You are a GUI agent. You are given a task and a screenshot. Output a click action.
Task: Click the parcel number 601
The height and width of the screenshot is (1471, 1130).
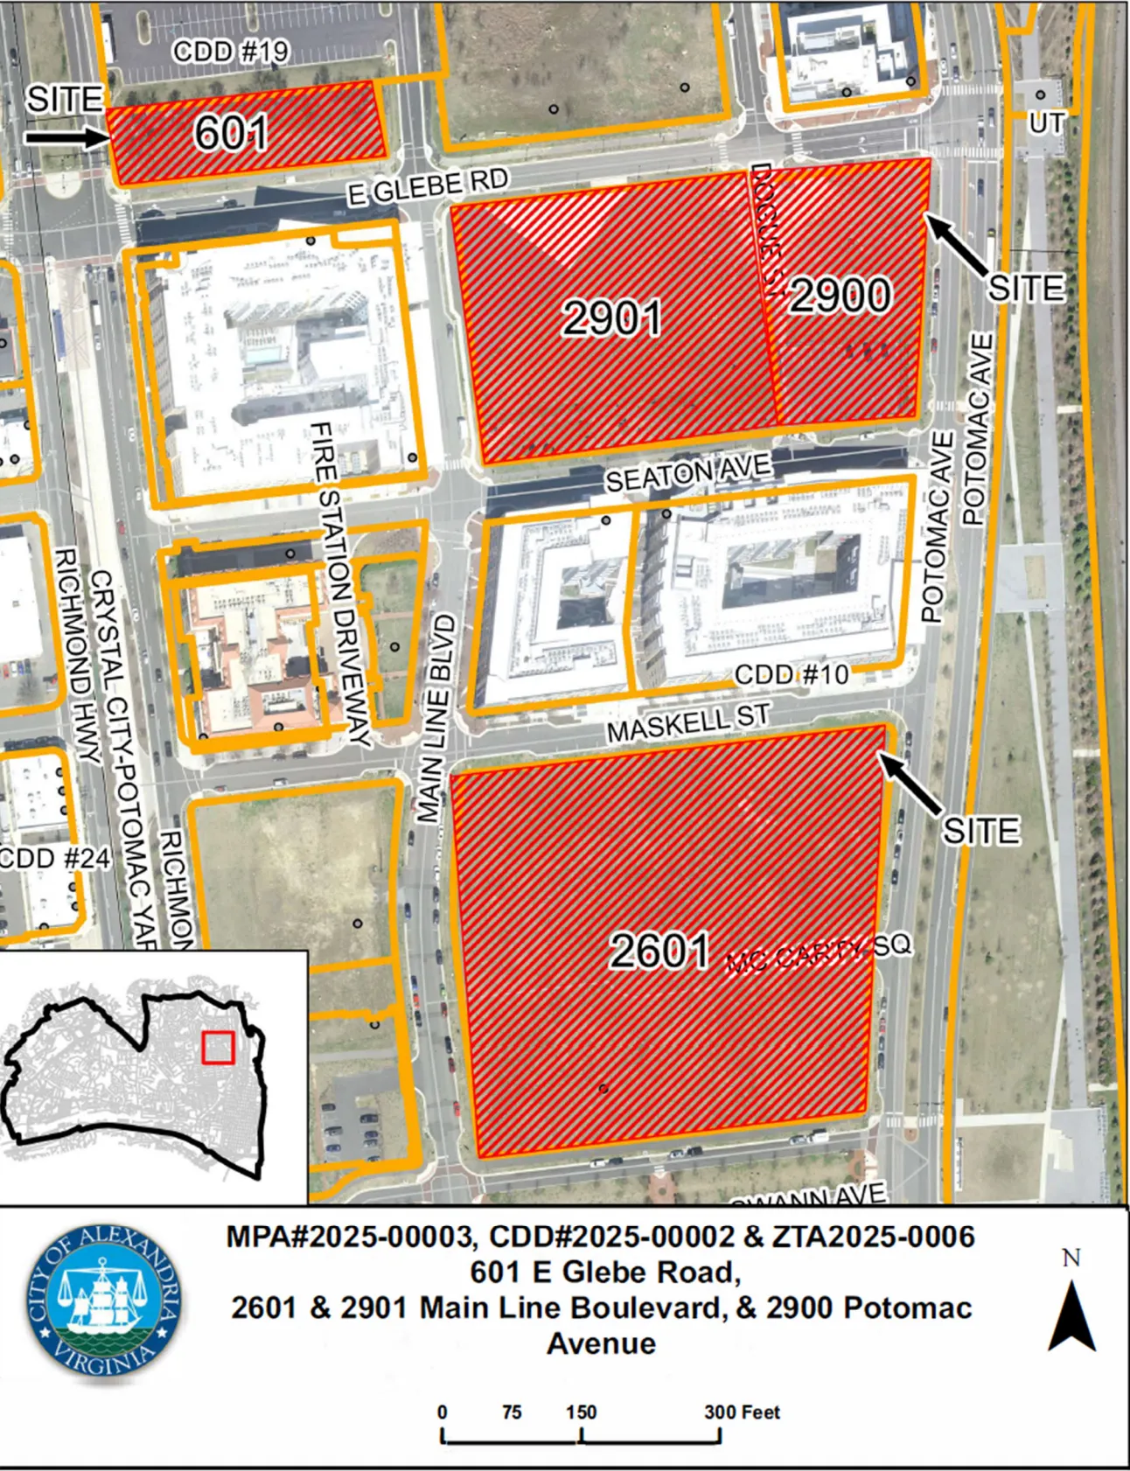click(x=231, y=133)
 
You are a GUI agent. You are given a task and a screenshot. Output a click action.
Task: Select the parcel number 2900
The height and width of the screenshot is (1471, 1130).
click(x=841, y=295)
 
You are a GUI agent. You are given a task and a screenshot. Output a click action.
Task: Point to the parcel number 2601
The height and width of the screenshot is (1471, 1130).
click(x=659, y=951)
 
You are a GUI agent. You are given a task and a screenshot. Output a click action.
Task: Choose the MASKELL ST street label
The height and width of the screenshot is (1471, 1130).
click(x=689, y=722)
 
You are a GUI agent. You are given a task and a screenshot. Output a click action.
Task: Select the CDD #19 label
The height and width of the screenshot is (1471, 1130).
click(x=231, y=52)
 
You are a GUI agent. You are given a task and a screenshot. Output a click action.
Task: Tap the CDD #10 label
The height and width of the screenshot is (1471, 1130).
click(x=792, y=674)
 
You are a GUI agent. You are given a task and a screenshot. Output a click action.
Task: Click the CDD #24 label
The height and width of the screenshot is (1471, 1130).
click(x=55, y=858)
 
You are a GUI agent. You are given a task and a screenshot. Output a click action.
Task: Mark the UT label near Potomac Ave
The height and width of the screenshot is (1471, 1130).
click(x=1045, y=124)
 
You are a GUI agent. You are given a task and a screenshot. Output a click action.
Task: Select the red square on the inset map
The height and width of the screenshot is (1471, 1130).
click(x=218, y=1048)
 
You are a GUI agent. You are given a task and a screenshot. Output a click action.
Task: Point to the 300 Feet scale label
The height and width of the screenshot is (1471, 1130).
click(x=742, y=1412)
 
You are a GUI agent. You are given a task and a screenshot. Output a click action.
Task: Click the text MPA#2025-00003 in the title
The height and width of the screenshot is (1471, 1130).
click(x=350, y=1237)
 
